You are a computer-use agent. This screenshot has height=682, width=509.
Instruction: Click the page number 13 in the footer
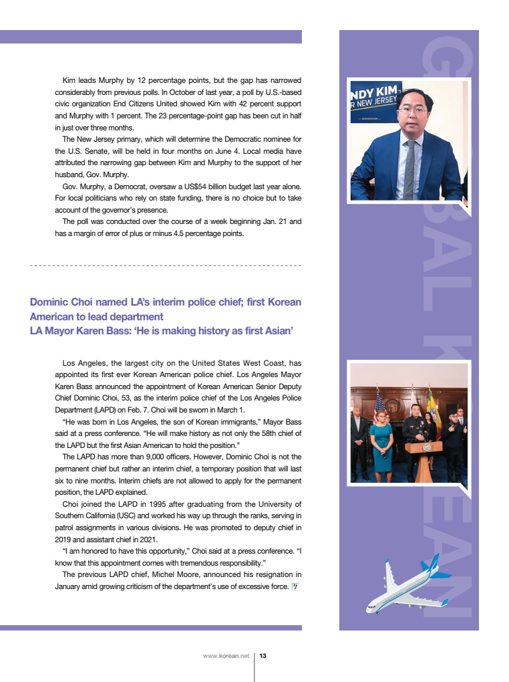263,656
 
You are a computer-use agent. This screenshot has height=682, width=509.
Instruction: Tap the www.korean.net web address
226,656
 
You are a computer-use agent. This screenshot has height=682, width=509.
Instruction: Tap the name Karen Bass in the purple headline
98,330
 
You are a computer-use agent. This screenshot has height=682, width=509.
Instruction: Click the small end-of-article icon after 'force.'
295,586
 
